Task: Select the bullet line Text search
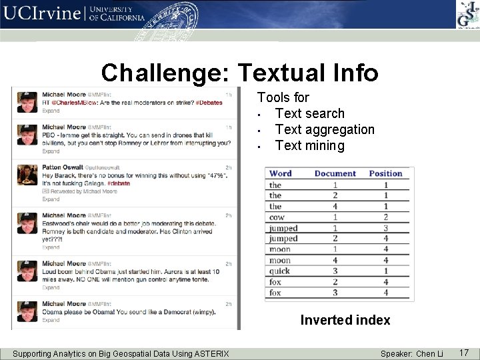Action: point(309,113)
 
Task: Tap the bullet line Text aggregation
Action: point(325,129)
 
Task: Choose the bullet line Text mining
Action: point(309,145)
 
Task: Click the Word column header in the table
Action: point(281,173)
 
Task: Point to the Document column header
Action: point(335,173)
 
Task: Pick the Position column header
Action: point(385,173)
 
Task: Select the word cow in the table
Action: point(276,217)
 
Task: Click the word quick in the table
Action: point(279,271)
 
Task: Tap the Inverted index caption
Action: point(345,320)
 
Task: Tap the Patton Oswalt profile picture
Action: point(27,175)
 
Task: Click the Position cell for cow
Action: point(385,217)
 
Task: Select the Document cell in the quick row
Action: point(335,271)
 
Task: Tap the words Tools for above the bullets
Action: point(283,97)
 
